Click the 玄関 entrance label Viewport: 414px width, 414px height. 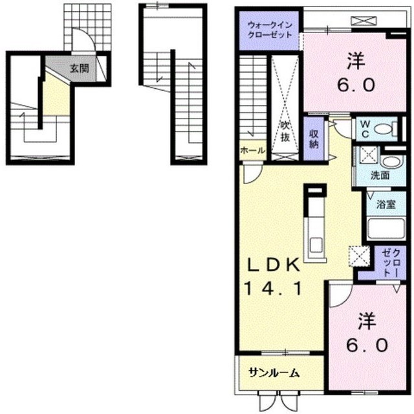tap(79, 69)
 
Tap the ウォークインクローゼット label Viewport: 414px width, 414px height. tap(270, 30)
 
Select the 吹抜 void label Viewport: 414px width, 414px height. tap(285, 131)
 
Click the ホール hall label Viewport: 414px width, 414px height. tap(252, 150)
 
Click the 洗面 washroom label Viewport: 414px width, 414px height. tap(380, 176)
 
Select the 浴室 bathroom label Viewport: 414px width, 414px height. tap(386, 204)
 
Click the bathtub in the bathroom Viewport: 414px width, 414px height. tap(386, 229)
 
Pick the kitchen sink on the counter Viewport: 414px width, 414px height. tap(316, 245)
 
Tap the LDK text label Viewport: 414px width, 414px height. tap(273, 264)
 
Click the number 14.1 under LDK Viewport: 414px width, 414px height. tap(273, 288)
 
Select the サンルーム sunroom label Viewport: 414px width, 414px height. tap(274, 373)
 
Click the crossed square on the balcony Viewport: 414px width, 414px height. tap(364, 21)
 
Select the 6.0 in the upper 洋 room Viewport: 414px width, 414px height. tap(356, 85)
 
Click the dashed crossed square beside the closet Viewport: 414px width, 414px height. tap(360, 256)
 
